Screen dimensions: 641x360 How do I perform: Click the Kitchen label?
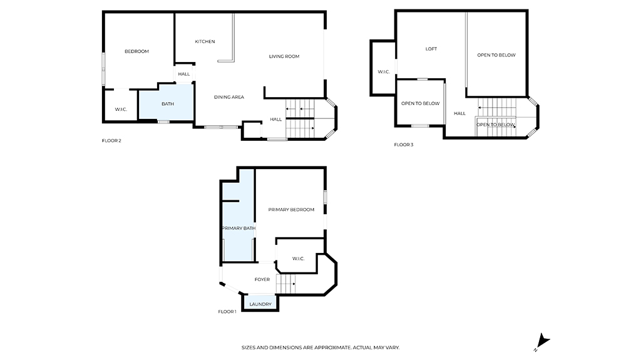(205, 42)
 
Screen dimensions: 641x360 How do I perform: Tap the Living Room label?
(284, 56)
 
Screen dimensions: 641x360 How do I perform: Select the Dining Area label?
(229, 98)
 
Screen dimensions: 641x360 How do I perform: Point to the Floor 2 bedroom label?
(136, 51)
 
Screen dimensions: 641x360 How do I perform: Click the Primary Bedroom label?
(291, 210)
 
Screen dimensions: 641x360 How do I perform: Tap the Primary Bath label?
(238, 229)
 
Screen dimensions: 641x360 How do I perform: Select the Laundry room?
(260, 302)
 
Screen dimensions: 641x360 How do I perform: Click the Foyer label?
(262, 280)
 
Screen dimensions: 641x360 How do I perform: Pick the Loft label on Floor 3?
(431, 49)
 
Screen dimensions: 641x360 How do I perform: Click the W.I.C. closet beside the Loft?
(383, 68)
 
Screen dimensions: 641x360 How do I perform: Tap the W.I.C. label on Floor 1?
(299, 259)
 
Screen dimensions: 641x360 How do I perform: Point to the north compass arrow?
(543, 341)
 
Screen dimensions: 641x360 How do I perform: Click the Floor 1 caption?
(227, 312)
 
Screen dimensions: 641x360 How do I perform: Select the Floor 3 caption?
(404, 145)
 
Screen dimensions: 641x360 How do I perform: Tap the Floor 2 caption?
(111, 141)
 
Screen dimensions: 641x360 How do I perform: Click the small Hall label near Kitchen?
(184, 75)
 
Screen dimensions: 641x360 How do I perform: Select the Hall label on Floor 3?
(459, 114)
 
